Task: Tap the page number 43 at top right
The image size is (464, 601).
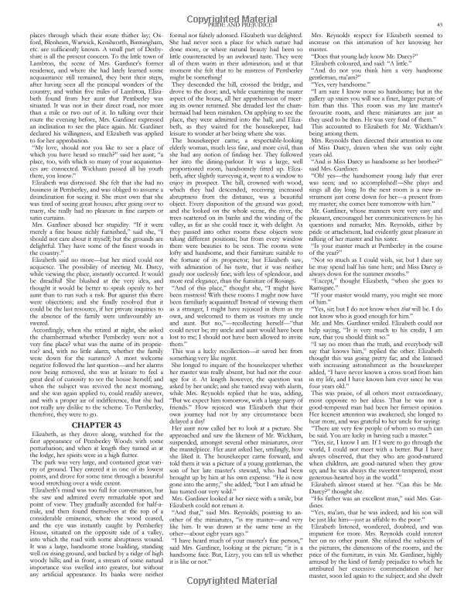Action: (x=440, y=25)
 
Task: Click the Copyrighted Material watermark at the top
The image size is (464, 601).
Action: (x=231, y=14)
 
